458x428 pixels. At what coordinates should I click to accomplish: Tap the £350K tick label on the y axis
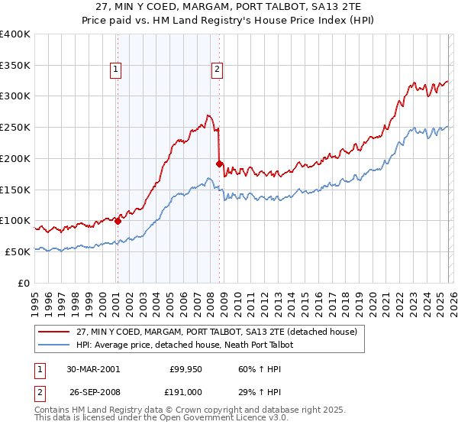15,66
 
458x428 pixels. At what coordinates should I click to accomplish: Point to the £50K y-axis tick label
18,251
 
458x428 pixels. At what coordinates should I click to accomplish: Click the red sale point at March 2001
118,221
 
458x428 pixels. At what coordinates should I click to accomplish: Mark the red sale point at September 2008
219,164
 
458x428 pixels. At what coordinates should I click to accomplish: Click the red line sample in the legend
54,332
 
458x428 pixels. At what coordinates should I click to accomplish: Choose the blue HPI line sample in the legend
54,345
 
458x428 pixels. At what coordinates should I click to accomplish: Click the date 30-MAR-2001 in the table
93,368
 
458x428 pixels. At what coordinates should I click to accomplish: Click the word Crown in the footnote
190,410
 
